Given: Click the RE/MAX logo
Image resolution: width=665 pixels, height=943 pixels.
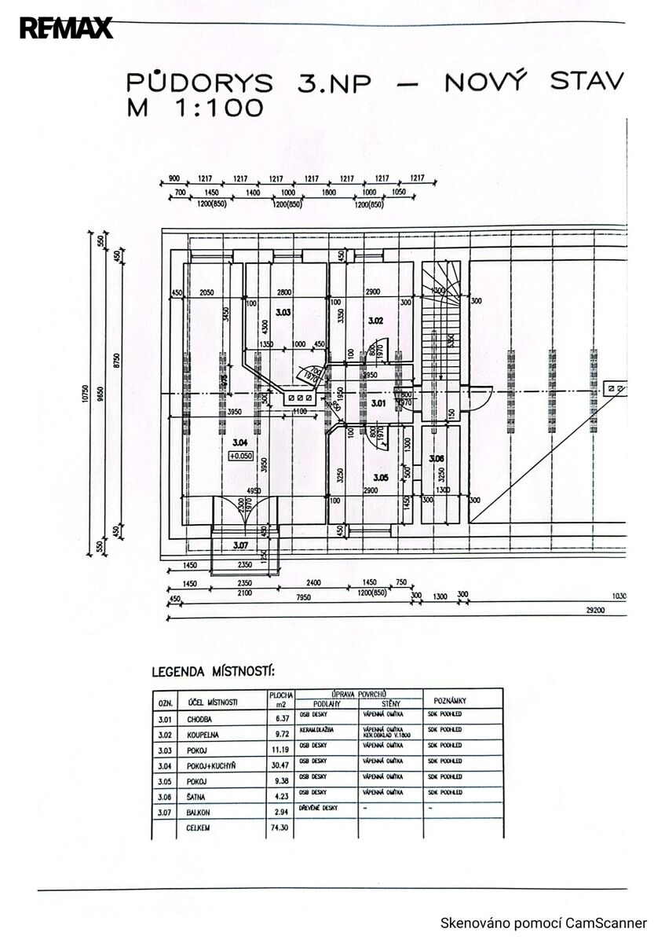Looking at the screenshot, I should pos(67,28).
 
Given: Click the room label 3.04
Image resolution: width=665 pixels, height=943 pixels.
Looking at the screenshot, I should pos(240,442).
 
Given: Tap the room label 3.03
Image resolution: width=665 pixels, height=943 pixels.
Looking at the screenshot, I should pos(283,313).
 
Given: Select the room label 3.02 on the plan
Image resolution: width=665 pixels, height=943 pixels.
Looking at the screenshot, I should pos(375,320).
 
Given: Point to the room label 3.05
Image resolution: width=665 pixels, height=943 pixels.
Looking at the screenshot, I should pos(381,477).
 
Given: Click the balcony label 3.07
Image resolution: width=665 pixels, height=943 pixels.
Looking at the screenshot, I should pos(240,545).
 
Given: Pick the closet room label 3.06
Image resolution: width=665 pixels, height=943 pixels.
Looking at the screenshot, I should pos(437,458).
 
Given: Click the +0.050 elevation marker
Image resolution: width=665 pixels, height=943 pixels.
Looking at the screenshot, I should pos(240,456).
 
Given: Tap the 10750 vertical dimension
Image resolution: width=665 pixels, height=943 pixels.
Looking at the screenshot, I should pos(82,397).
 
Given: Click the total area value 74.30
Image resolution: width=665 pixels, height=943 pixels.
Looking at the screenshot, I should pos(280,827).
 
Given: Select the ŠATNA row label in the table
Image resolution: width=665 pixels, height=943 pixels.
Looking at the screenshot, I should pos(196,796).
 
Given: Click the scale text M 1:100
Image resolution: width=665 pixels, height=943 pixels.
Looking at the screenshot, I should pos(195,108).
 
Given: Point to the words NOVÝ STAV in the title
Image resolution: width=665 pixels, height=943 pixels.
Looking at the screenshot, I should pos(534,82).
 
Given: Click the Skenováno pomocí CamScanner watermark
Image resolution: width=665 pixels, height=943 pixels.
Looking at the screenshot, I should pos(543,923).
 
